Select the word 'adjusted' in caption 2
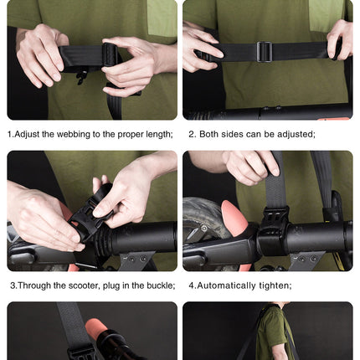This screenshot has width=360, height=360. (x=292, y=134)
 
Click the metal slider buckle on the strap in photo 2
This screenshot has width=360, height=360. (x=264, y=52)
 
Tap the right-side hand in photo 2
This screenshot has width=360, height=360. (x=340, y=39)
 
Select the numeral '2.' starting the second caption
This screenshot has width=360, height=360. (x=192, y=134)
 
